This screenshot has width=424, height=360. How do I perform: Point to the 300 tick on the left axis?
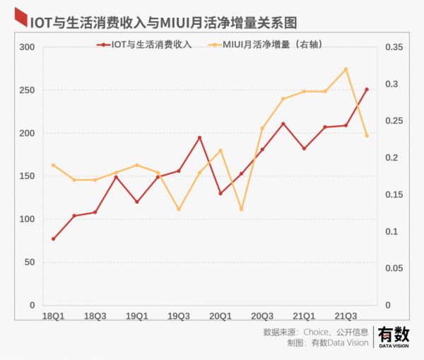(27, 47)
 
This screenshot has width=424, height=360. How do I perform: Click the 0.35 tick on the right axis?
(394, 47)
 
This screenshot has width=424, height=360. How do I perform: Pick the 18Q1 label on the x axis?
(53, 315)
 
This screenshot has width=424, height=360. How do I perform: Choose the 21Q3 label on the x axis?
(346, 315)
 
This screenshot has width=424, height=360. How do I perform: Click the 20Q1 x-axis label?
(220, 315)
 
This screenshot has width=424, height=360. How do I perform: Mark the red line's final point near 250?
(367, 90)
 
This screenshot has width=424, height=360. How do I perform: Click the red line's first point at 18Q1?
(53, 238)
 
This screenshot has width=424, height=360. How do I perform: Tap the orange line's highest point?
(346, 69)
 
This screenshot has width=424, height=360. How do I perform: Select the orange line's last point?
(367, 135)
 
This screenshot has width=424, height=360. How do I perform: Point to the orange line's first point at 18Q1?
(53, 165)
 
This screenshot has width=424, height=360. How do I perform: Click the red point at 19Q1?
(137, 202)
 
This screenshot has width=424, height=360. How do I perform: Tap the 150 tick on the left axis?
(27, 176)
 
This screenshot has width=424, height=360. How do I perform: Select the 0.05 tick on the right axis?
(394, 268)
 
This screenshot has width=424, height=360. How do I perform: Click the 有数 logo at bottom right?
(393, 336)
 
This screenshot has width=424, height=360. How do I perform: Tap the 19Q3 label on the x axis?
(179, 315)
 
